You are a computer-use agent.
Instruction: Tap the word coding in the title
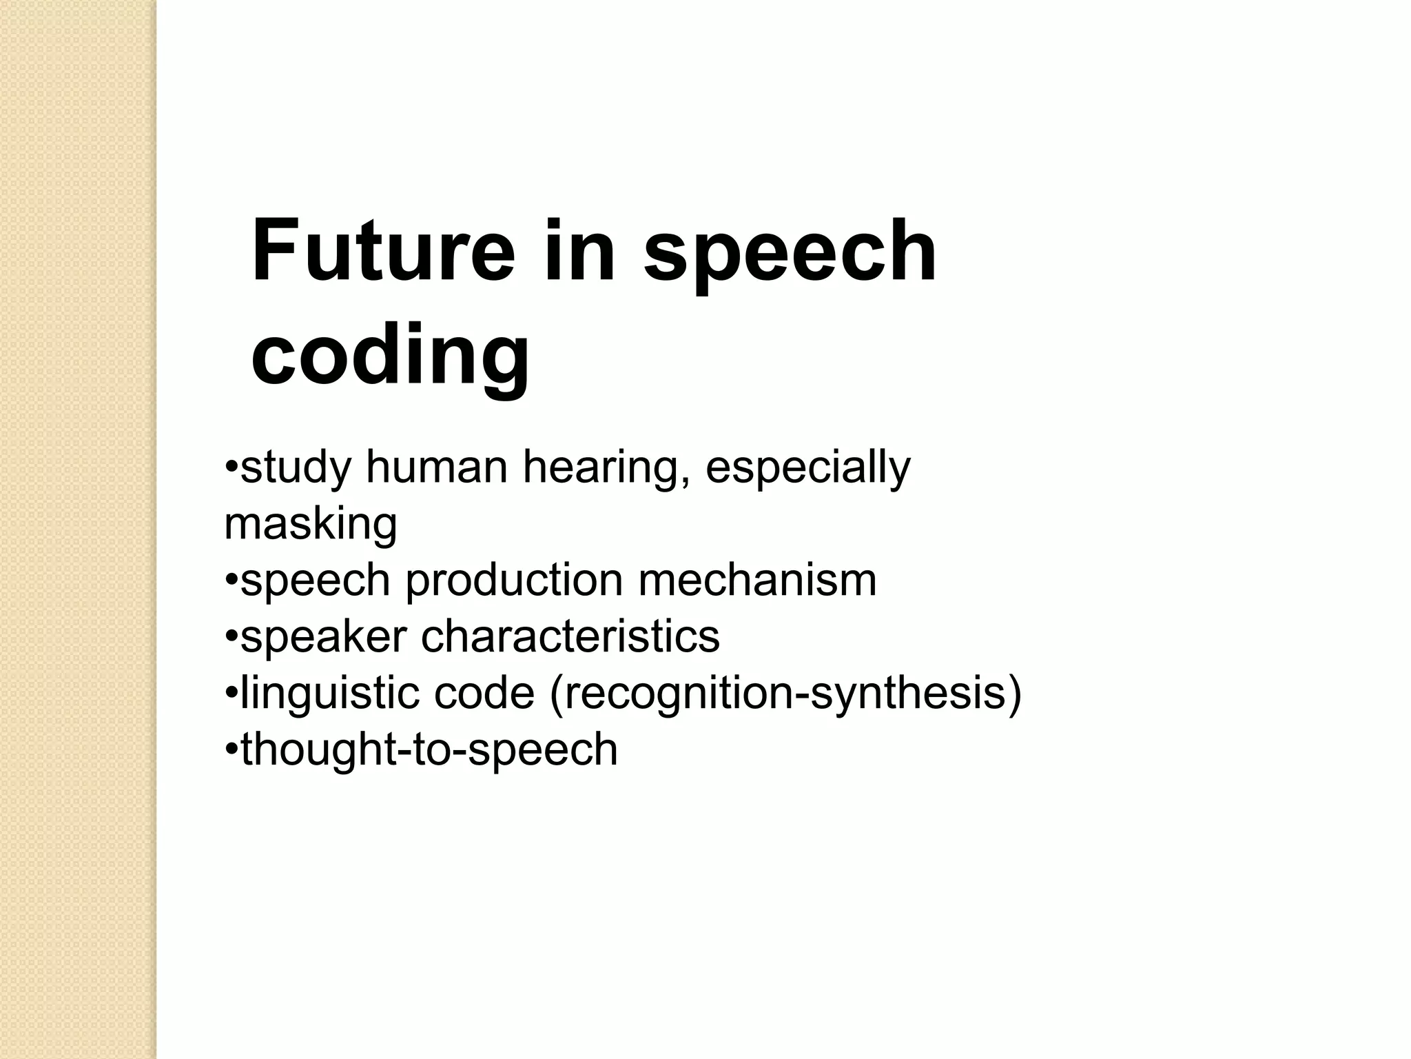click(390, 356)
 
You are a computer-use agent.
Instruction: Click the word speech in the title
click(790, 252)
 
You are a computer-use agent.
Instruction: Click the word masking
click(311, 525)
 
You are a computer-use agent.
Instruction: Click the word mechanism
click(757, 580)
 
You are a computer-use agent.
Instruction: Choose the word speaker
click(324, 637)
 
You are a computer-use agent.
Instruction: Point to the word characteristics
click(570, 636)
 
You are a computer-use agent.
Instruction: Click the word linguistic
click(329, 694)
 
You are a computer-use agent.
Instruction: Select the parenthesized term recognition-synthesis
click(785, 694)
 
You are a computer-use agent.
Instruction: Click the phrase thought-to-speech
click(429, 749)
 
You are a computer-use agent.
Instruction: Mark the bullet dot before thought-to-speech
click(231, 749)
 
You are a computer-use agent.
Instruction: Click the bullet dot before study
click(231, 468)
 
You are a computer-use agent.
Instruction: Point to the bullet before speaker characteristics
click(231, 637)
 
